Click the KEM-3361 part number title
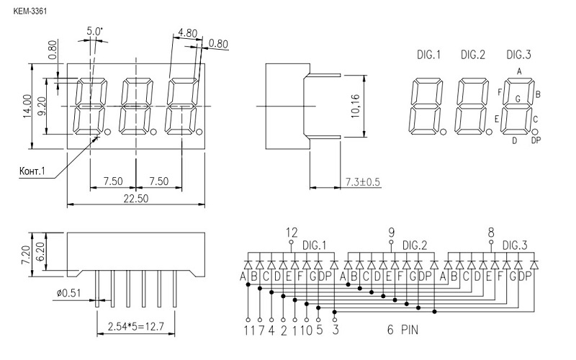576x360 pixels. pyautogui.click(x=30, y=12)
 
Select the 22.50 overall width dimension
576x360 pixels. pyautogui.click(x=136, y=199)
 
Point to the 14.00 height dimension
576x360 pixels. pyautogui.click(x=27, y=106)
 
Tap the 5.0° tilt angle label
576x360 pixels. pyautogui.click(x=95, y=31)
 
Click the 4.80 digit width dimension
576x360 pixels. pyautogui.click(x=188, y=33)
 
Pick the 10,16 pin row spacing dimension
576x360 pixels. pyautogui.click(x=355, y=106)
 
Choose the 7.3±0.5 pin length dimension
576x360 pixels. pyautogui.click(x=363, y=182)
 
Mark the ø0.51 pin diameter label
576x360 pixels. pyautogui.click(x=68, y=293)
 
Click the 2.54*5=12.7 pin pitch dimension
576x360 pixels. pyautogui.click(x=135, y=326)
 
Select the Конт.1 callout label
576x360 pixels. pyautogui.click(x=32, y=171)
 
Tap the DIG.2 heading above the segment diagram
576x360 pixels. pyautogui.click(x=473, y=55)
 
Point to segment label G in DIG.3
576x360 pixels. pyautogui.click(x=518, y=99)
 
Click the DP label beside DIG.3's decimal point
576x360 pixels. pyautogui.click(x=536, y=140)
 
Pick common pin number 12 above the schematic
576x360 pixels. pyautogui.click(x=292, y=233)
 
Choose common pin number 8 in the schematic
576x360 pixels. pyautogui.click(x=491, y=233)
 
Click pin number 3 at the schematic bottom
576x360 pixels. pyautogui.click(x=335, y=330)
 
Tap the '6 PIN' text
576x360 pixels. pyautogui.click(x=402, y=330)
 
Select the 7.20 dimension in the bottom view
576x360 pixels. pyautogui.click(x=26, y=255)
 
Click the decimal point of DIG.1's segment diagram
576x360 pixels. pyautogui.click(x=444, y=132)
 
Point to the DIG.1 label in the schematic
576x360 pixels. pyautogui.click(x=314, y=245)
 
